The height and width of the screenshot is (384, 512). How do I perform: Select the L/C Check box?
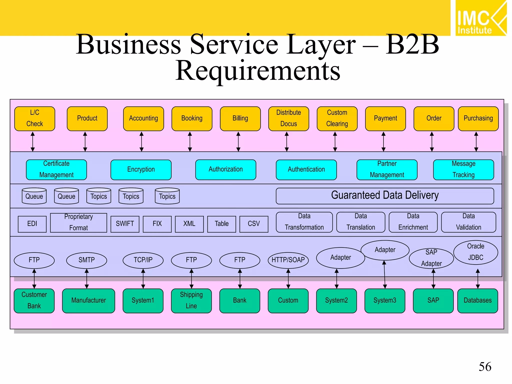coord(35,118)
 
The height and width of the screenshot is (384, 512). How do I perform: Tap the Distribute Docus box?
coord(288,118)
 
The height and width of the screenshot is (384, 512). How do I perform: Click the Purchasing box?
coord(478,118)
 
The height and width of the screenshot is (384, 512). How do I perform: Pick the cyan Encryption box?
coord(141,170)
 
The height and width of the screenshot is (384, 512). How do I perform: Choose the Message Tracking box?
coord(463,170)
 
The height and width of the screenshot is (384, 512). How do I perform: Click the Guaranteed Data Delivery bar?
coord(385,196)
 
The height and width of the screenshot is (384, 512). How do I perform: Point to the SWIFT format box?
coord(125,224)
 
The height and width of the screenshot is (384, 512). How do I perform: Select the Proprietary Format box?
coord(78,222)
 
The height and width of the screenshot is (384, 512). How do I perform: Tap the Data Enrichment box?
coord(413,222)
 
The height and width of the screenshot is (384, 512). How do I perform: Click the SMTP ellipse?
coord(86,260)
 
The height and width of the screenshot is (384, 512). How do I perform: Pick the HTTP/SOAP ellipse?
coord(288,260)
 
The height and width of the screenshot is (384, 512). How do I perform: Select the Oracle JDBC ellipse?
coord(475,252)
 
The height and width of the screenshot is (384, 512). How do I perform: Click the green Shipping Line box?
coord(191,300)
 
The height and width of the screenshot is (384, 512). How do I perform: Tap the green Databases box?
coord(477,300)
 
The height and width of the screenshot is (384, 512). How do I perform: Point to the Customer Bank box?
coord(34,300)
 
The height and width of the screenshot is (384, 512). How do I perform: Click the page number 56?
coord(485,367)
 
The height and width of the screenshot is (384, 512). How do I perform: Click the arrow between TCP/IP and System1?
coord(143,278)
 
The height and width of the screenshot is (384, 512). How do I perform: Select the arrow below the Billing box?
coord(238,141)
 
